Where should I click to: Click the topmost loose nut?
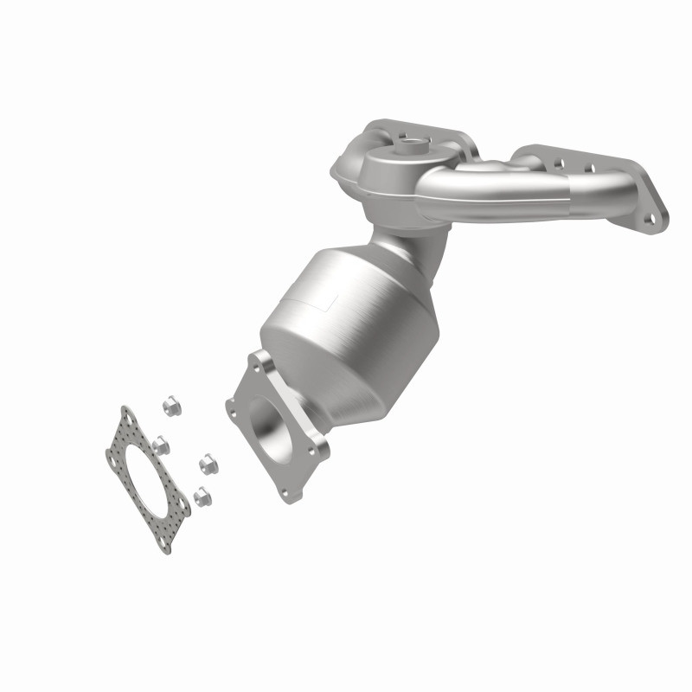[x=170, y=404]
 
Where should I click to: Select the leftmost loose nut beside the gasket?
[x=160, y=445]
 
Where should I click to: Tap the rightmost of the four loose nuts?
[x=208, y=465]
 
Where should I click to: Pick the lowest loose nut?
[x=202, y=497]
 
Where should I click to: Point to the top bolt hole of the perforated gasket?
[x=131, y=419]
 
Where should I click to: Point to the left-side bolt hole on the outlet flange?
[x=234, y=403]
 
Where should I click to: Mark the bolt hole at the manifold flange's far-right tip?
[x=649, y=220]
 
